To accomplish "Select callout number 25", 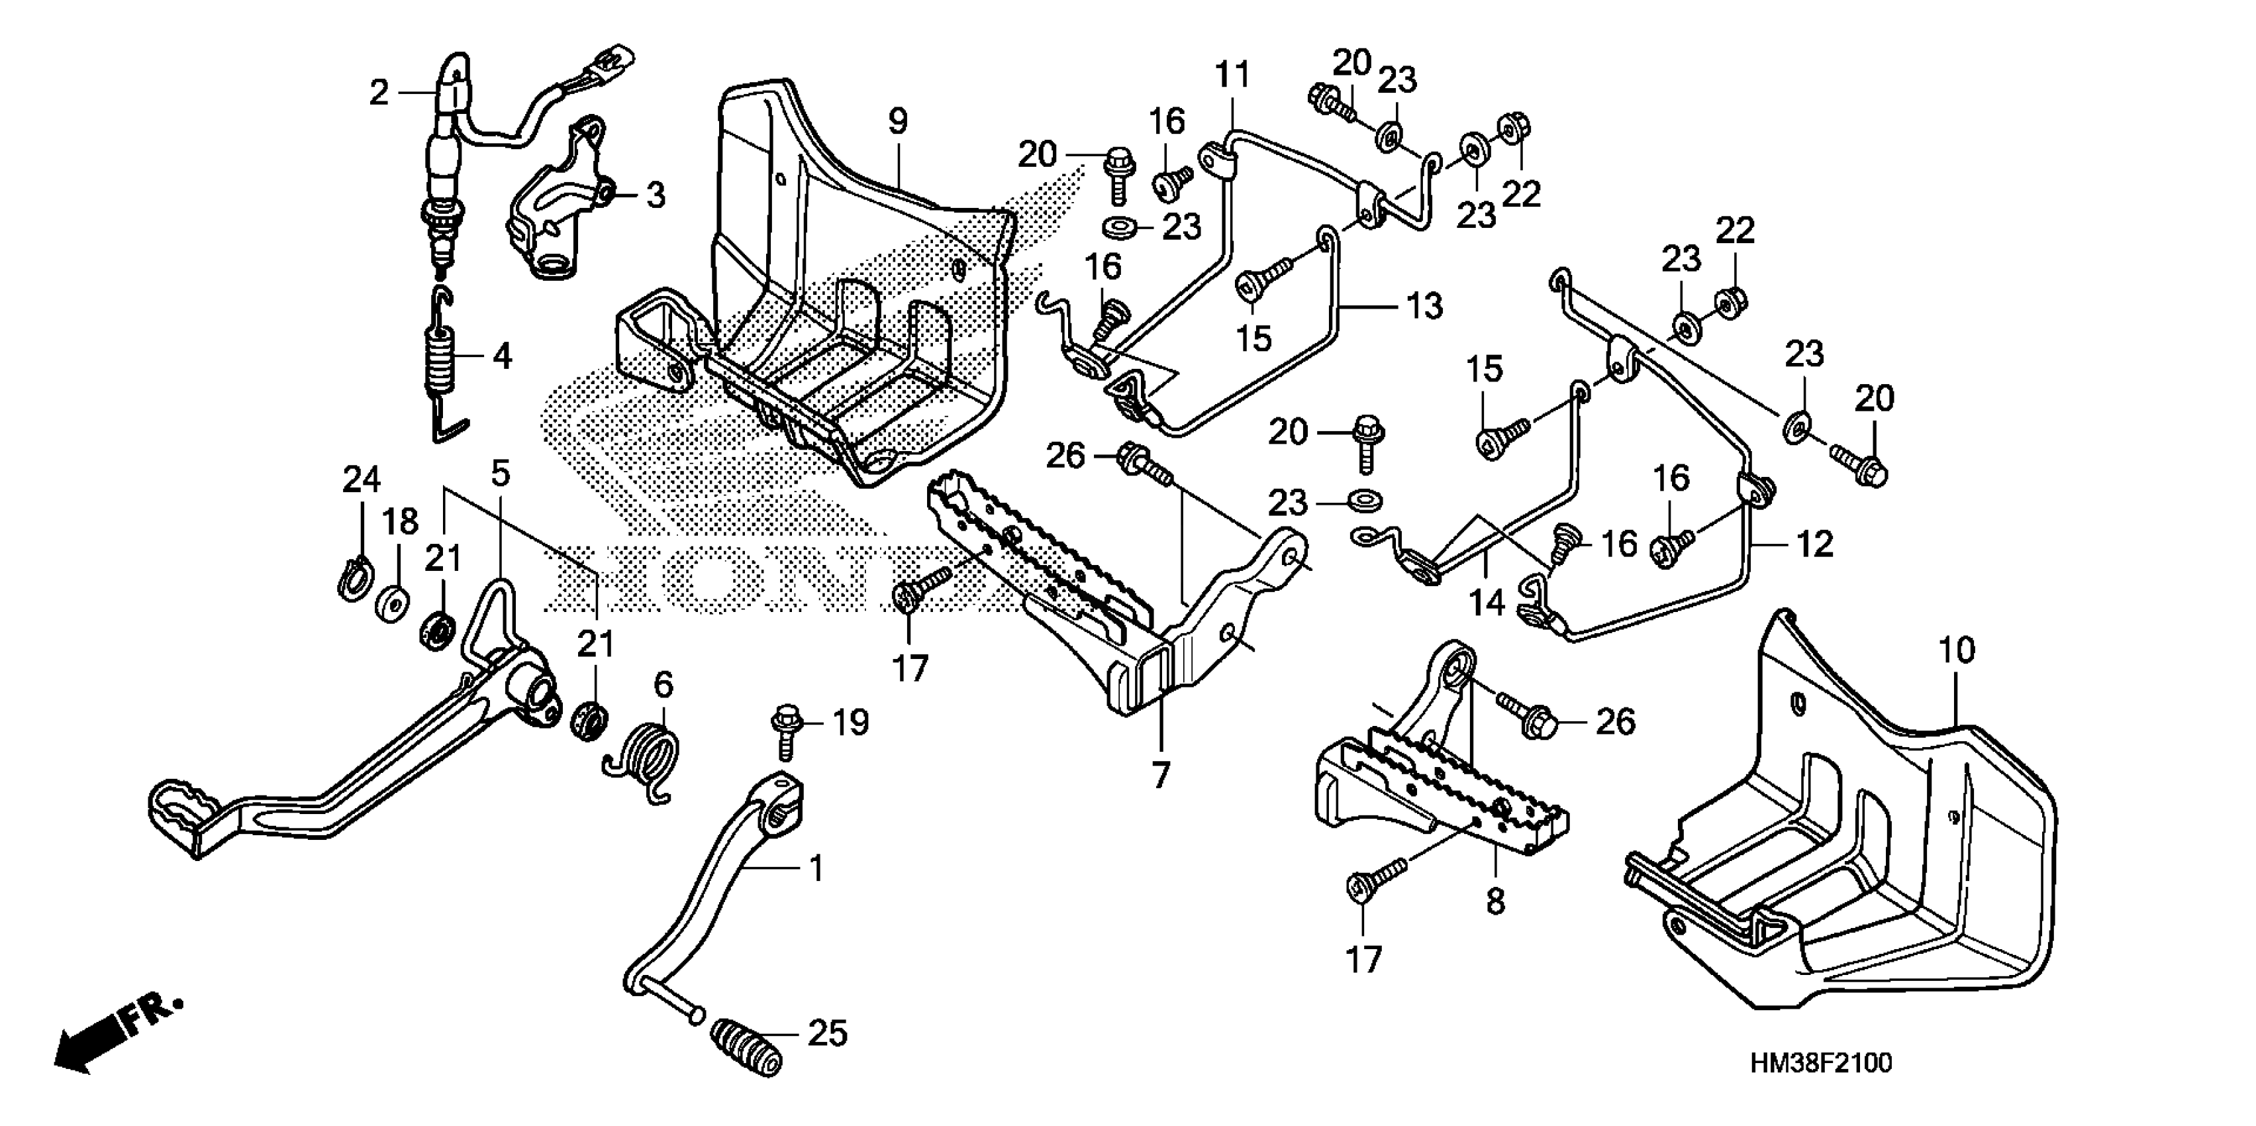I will pyautogui.click(x=828, y=1034).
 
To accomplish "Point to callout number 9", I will pyautogui.click(x=899, y=122).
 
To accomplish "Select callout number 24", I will pyautogui.click(x=362, y=480).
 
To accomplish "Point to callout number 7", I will pyautogui.click(x=1160, y=774).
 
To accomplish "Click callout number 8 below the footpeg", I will pyautogui.click(x=1495, y=901).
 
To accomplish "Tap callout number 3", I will pyautogui.click(x=656, y=195).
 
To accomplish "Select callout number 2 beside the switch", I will pyautogui.click(x=378, y=92).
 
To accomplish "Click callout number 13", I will pyautogui.click(x=1424, y=306).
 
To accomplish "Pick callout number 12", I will pyautogui.click(x=1814, y=545).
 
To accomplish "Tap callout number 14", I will pyautogui.click(x=1486, y=602).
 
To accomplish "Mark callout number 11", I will pyautogui.click(x=1233, y=76).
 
